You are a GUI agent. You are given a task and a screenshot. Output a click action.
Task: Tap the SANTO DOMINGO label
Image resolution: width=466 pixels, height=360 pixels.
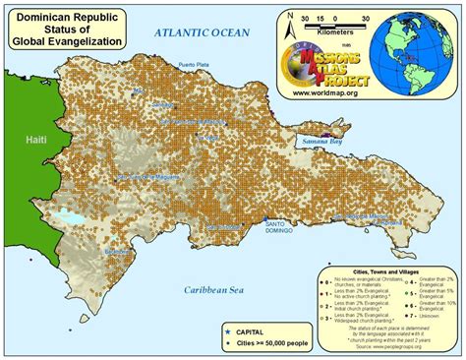282,228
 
